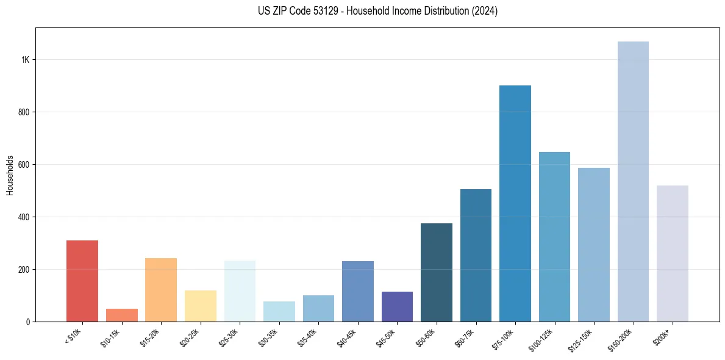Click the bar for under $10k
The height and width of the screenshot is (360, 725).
(x=82, y=281)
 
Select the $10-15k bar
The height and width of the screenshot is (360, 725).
(x=121, y=315)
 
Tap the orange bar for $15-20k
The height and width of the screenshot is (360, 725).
(x=161, y=290)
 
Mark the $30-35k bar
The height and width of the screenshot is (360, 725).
(x=279, y=311)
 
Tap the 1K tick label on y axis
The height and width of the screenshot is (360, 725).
(x=25, y=60)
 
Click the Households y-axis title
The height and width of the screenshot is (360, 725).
(x=10, y=175)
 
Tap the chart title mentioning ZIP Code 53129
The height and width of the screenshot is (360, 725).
(x=377, y=11)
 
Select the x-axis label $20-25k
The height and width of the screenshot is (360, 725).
(x=191, y=337)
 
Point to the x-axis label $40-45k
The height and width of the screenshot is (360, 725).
(x=349, y=337)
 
